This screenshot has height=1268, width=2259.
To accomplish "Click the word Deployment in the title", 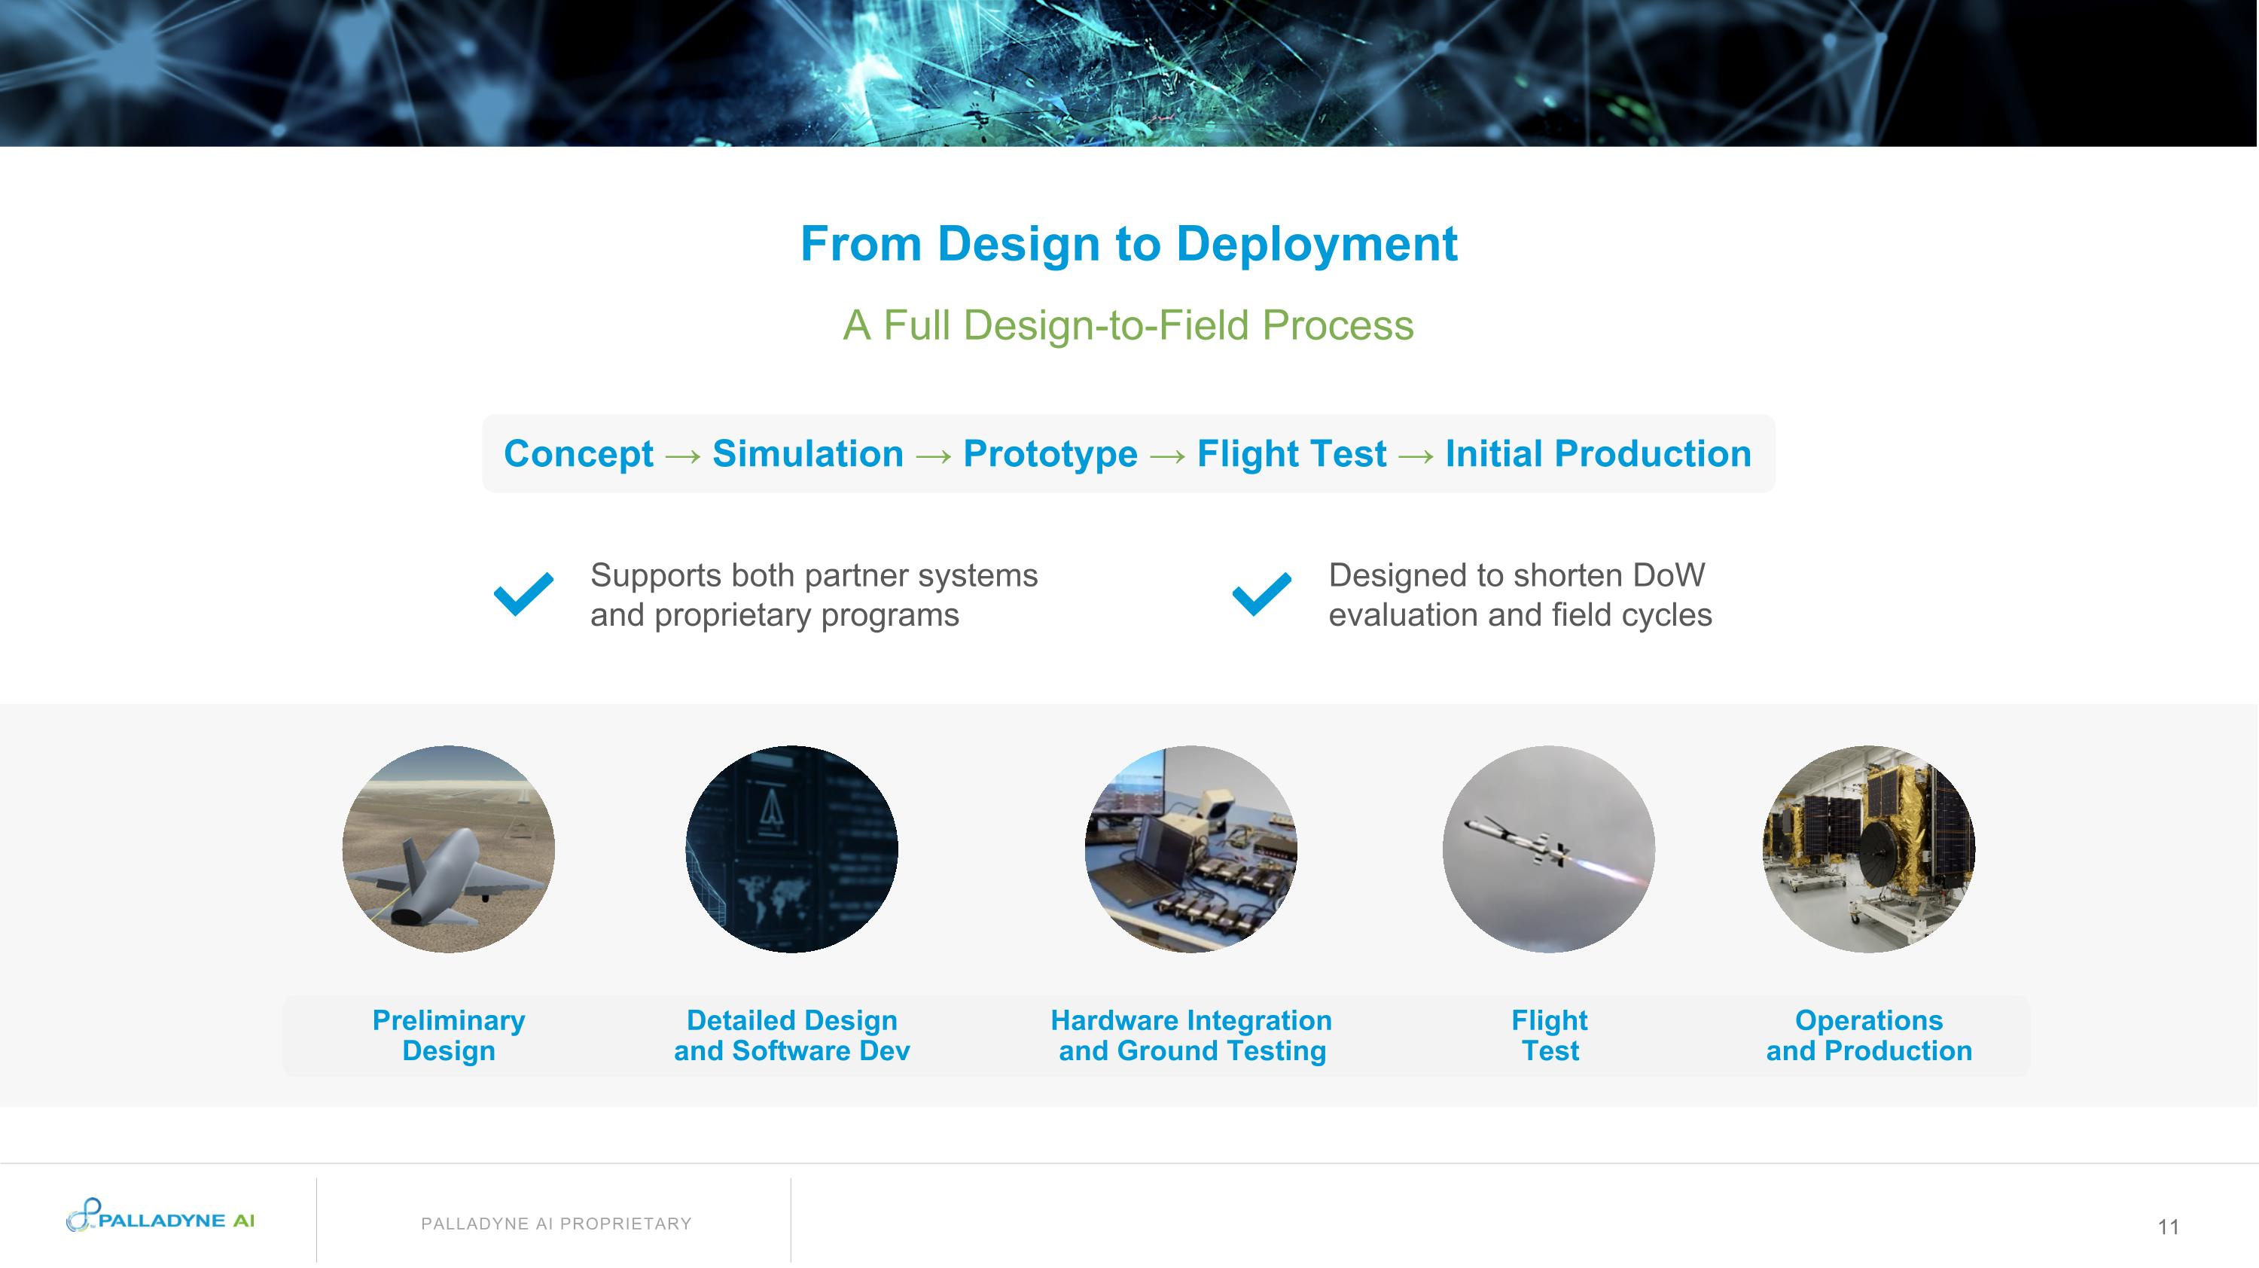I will [x=1315, y=244].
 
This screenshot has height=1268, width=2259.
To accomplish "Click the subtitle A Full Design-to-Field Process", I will [x=1128, y=325].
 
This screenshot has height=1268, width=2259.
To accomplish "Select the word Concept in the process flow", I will [x=578, y=454].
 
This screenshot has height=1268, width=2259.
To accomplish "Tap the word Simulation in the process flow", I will [x=806, y=454].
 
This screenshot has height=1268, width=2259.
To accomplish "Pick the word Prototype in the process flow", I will [x=1050, y=454].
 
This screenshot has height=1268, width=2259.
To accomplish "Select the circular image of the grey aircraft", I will [x=448, y=849].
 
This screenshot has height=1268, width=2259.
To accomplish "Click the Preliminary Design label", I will [x=448, y=1035].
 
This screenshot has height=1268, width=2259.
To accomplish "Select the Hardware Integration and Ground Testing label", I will [x=1191, y=1035].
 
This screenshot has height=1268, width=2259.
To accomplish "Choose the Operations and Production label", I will [x=1868, y=1035].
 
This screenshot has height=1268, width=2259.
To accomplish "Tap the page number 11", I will [x=2168, y=1227].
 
